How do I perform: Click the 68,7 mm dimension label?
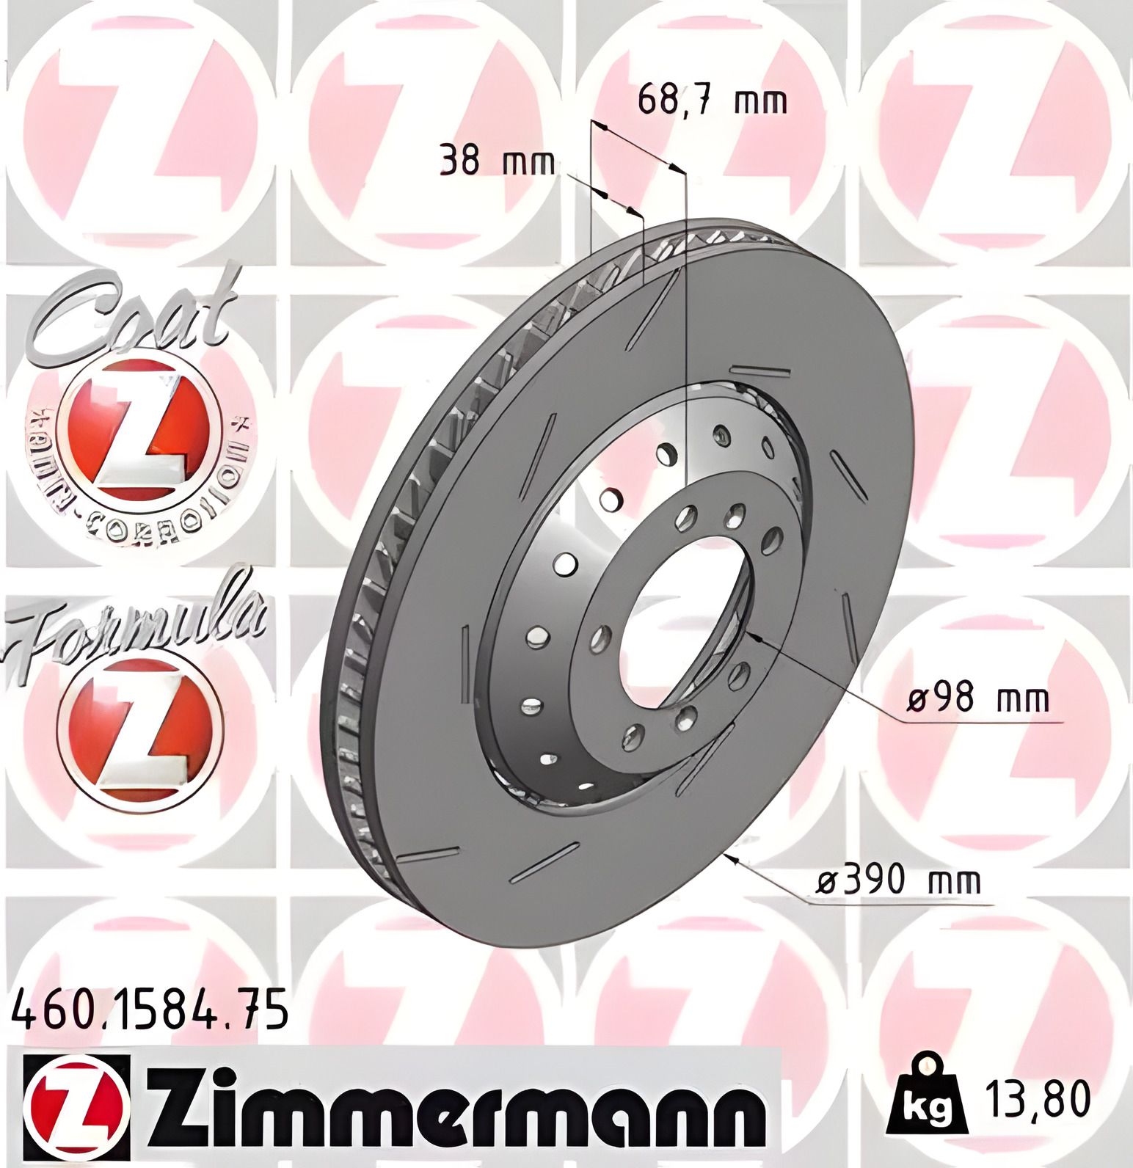(x=711, y=100)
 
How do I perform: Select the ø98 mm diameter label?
(x=977, y=699)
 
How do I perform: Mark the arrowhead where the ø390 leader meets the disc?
(x=731, y=858)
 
